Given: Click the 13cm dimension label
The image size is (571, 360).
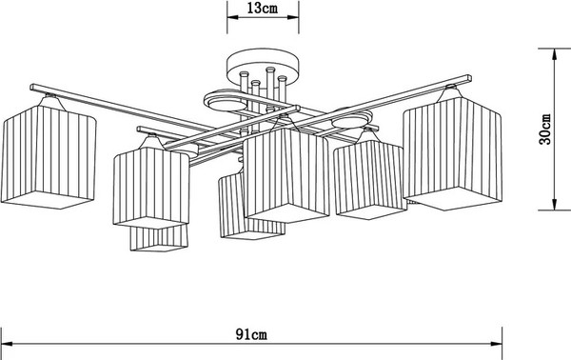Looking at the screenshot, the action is coord(262,10).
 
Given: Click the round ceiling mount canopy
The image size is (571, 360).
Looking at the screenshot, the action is coord(262,70).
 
